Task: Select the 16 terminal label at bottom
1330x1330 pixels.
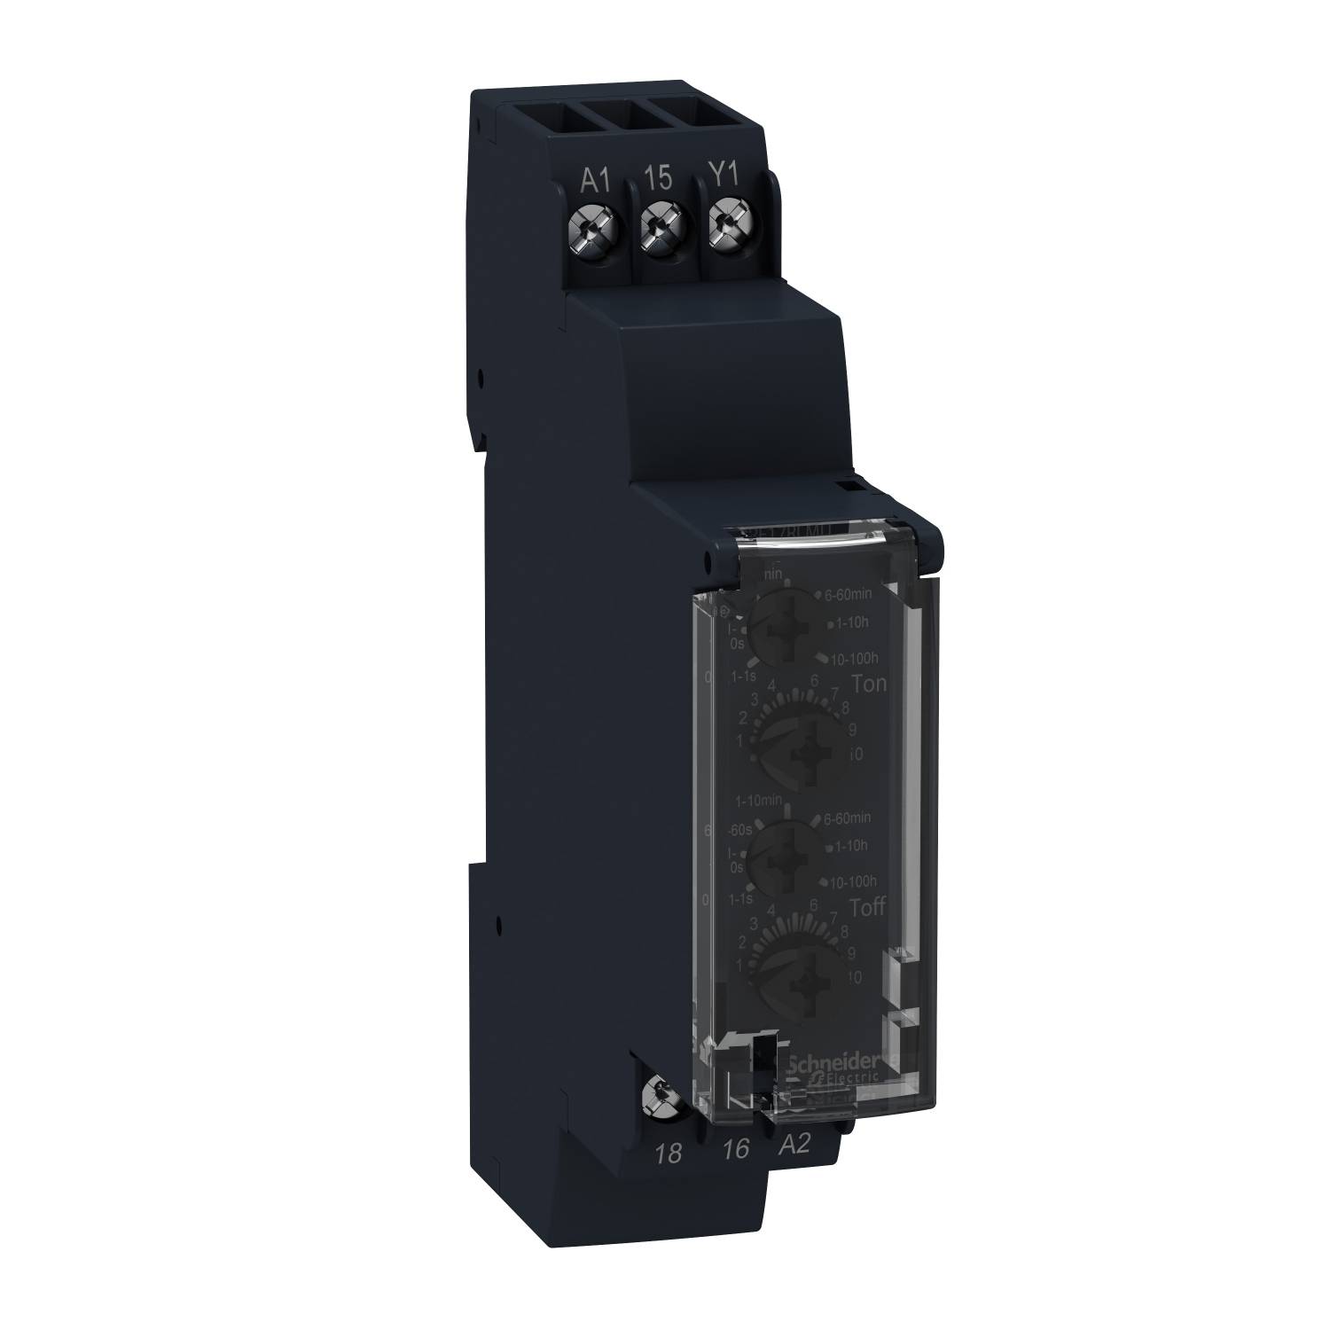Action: (x=735, y=1149)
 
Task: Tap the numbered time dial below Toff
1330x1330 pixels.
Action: (x=794, y=973)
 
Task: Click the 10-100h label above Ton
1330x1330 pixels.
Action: (x=852, y=657)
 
